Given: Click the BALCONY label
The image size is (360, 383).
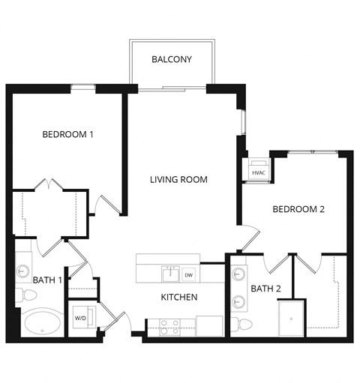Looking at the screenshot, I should [x=174, y=59].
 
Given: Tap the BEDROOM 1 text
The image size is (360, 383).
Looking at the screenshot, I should [x=67, y=135].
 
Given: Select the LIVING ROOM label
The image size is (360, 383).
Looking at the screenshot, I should [x=178, y=180].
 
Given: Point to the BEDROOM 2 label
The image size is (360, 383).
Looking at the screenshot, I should [x=298, y=209].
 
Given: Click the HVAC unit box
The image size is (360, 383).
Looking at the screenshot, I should [x=259, y=170].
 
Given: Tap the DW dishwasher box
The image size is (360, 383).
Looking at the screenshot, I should [x=189, y=274].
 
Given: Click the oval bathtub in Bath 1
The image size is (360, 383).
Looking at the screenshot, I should [x=42, y=325].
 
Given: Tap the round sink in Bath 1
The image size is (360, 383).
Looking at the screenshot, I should [x=23, y=270].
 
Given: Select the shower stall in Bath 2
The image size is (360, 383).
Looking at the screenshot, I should [x=292, y=318].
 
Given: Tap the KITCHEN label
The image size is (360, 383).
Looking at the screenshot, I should [x=179, y=298].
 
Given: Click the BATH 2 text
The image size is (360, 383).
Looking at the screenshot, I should [x=265, y=289].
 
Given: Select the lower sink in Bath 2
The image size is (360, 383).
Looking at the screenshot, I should [x=241, y=301].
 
